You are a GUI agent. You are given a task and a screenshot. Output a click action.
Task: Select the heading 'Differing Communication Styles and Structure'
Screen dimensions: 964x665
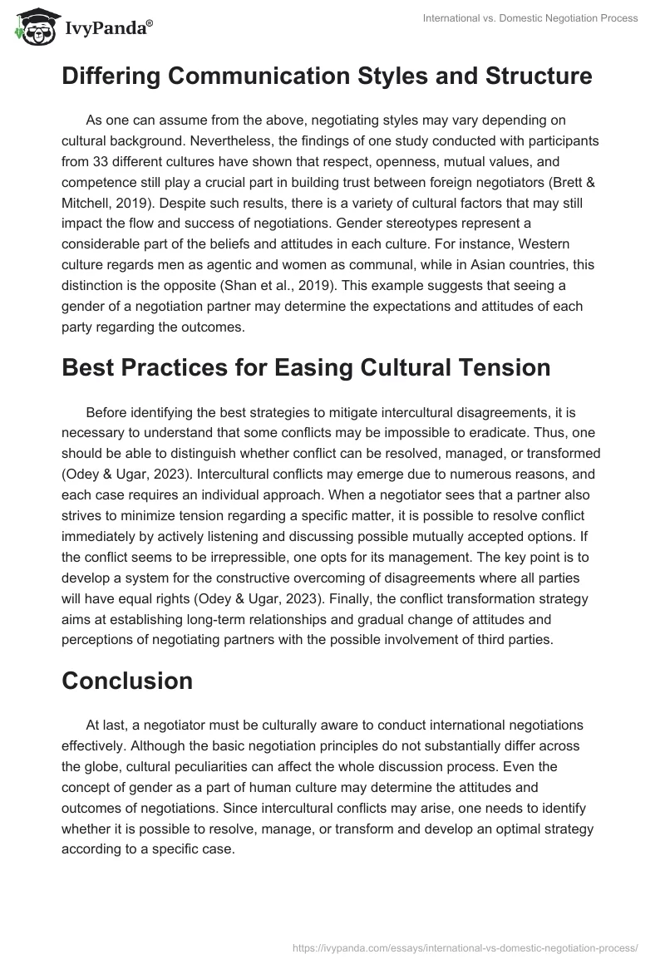pyautogui.click(x=327, y=76)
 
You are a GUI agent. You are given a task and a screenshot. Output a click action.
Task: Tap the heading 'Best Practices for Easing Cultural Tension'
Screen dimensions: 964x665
pyautogui.click(x=306, y=368)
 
